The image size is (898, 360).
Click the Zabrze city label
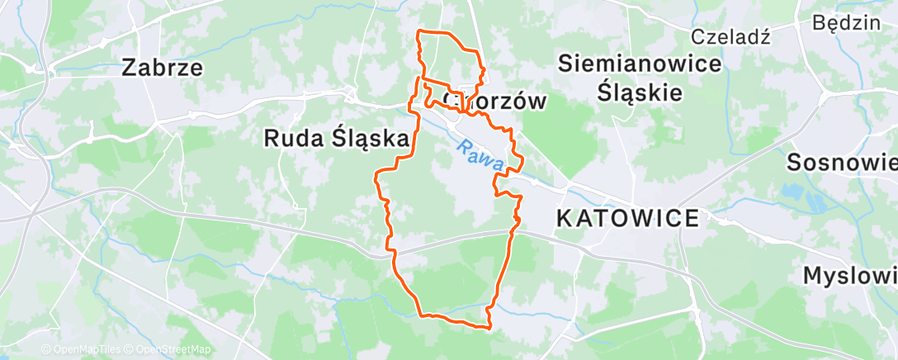coord(162,68)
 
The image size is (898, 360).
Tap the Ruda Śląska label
coord(337,139)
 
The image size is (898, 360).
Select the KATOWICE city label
coord(628,219)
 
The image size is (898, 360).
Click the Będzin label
coord(846,22)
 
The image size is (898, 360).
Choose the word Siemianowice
coord(640,63)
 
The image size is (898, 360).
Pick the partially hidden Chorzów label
coord(495,102)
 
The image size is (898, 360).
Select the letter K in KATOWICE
coord(565,219)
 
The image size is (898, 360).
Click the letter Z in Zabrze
coord(129,68)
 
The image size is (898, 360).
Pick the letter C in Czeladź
coord(697,36)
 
